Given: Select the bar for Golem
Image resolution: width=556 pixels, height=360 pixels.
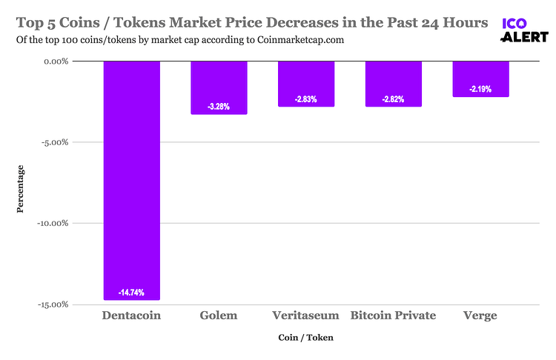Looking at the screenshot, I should point(219,87).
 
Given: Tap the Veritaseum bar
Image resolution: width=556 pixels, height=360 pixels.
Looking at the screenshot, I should point(305,84).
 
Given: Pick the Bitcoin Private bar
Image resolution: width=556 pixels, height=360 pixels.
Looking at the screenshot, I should point(393,84).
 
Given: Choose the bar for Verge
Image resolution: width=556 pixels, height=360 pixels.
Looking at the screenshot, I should point(480,79).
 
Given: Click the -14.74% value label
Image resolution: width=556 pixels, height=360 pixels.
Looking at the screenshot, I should point(131,293).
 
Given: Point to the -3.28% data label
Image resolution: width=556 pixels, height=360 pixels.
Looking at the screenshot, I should point(219,107).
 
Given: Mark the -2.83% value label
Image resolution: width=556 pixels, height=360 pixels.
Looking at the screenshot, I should point(305,99).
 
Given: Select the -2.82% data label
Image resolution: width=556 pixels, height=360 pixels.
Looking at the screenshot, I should point(393,99).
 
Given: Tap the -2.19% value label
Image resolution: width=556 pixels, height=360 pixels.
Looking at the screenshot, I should point(480,89).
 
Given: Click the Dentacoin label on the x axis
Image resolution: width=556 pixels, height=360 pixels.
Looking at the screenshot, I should point(130,316).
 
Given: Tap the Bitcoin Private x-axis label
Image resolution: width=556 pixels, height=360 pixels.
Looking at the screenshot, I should point(393,316).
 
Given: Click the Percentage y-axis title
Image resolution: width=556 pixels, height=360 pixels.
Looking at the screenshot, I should point(21,190).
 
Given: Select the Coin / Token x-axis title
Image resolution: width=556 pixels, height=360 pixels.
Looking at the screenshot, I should point(305,338).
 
